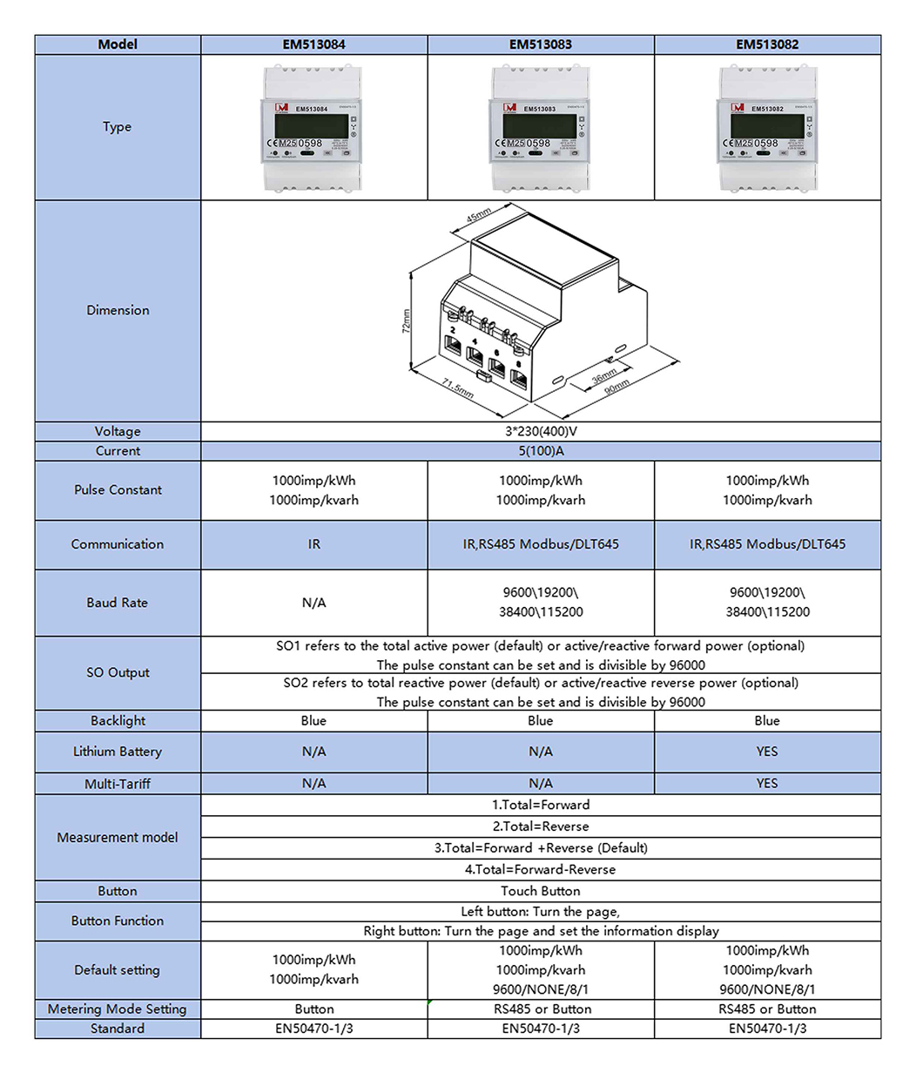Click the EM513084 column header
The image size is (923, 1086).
pyautogui.click(x=313, y=44)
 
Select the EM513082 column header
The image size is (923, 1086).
pyautogui.click(x=767, y=44)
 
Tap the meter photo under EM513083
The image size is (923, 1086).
pyautogui.click(x=541, y=129)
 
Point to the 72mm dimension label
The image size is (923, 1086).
pyautogui.click(x=407, y=320)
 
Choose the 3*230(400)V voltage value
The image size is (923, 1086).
pyautogui.click(x=541, y=431)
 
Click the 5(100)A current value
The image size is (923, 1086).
pyautogui.click(x=541, y=451)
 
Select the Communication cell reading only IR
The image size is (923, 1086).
pyautogui.click(x=313, y=544)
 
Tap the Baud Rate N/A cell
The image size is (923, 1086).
pyautogui.click(x=313, y=603)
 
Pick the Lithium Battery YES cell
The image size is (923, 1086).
pyautogui.click(x=767, y=752)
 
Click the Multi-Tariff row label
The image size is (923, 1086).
pyautogui.click(x=118, y=784)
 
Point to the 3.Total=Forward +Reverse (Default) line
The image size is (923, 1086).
pyautogui.click(x=541, y=848)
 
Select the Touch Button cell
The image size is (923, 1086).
pyautogui.click(x=541, y=891)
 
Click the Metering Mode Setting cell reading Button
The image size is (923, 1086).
pyautogui.click(x=313, y=1009)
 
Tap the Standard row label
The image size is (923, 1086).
pyautogui.click(x=118, y=1029)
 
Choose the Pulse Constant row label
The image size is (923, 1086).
pyautogui.click(x=118, y=490)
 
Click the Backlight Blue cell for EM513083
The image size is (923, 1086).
pyautogui.click(x=541, y=721)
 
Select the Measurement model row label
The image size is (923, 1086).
pyautogui.click(x=118, y=838)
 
